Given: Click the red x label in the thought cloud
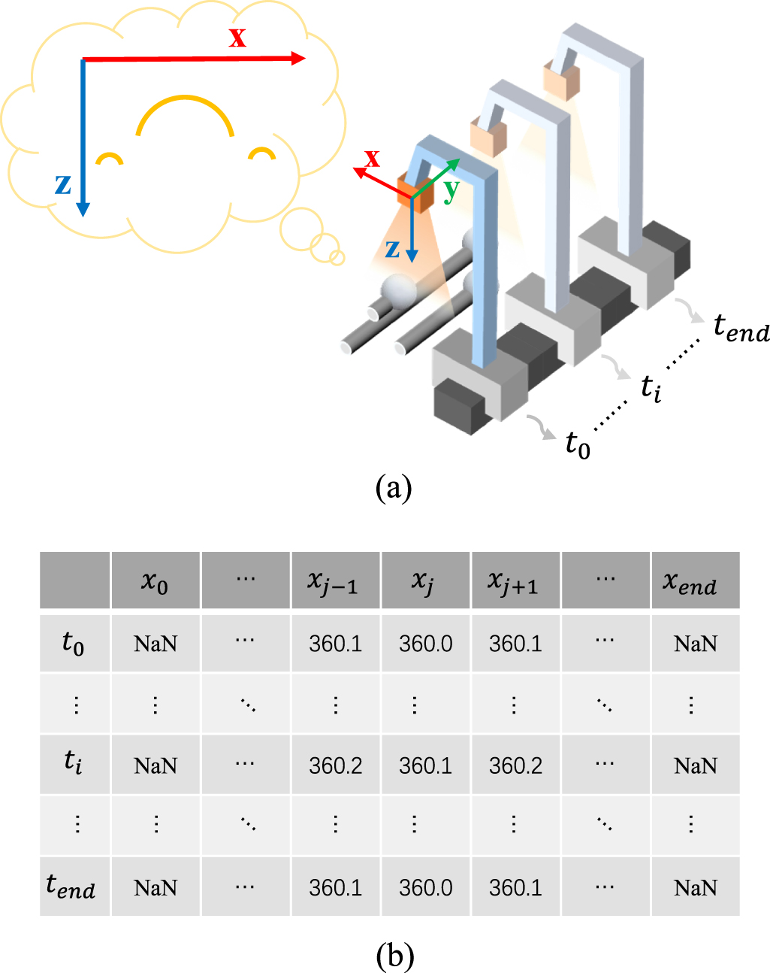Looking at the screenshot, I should pyautogui.click(x=237, y=37).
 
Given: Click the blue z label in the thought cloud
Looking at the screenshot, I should pyautogui.click(x=63, y=183).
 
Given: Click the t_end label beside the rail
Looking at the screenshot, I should pyautogui.click(x=741, y=329).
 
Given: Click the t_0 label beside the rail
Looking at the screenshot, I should pyautogui.click(x=578, y=444).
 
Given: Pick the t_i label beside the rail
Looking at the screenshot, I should pyautogui.click(x=651, y=388).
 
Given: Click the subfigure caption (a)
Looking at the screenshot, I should pyautogui.click(x=394, y=487).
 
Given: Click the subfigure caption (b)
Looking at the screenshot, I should pyautogui.click(x=394, y=956).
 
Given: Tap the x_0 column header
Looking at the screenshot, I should pyautogui.click(x=155, y=580).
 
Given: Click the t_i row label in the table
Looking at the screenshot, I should pyautogui.click(x=74, y=763).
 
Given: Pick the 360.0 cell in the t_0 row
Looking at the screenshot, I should pyautogui.click(x=425, y=644).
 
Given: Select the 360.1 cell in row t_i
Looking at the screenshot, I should pyautogui.click(x=425, y=765).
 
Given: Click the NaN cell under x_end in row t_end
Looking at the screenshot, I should pyautogui.click(x=695, y=888).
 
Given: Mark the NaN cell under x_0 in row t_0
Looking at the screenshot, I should pyautogui.click(x=155, y=644).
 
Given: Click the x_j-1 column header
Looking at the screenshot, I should pyautogui.click(x=335, y=580).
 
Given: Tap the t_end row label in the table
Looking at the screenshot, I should pyautogui.click(x=71, y=887).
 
